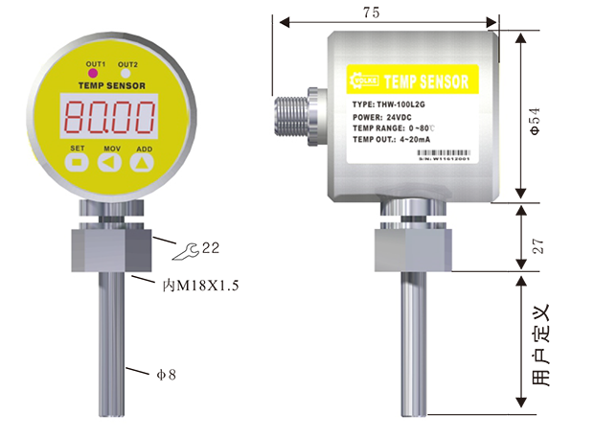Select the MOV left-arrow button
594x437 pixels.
pyautogui.click(x=111, y=164)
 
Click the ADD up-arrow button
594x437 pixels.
pyautogui.click(x=143, y=164)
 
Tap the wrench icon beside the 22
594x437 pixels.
pyautogui.click(x=189, y=250)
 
